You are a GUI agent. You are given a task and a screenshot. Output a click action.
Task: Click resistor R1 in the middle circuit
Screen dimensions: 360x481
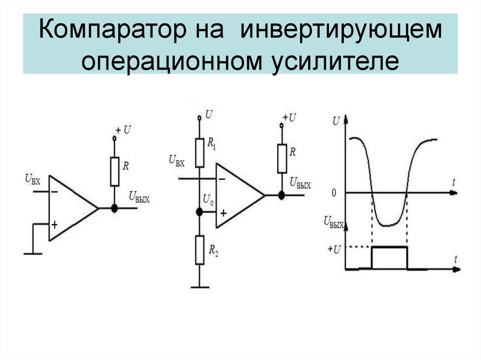(200, 153)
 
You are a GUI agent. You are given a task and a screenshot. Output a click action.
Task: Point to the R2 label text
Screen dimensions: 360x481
(213, 252)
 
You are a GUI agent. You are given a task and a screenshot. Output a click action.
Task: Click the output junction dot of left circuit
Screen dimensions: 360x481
(114, 208)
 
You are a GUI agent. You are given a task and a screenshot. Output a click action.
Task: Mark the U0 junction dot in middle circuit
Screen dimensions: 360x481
(199, 212)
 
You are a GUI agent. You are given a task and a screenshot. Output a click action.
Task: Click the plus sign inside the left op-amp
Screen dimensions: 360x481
(54, 225)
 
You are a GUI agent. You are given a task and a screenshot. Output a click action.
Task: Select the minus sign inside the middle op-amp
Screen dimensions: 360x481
(221, 178)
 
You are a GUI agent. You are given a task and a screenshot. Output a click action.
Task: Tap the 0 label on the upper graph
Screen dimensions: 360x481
(334, 193)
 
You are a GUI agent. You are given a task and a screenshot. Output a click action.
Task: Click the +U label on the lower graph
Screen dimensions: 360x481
(333, 247)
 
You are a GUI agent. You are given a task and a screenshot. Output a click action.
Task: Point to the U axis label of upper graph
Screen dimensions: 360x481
(335, 121)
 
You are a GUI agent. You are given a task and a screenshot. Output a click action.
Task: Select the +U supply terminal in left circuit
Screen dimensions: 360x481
(114, 138)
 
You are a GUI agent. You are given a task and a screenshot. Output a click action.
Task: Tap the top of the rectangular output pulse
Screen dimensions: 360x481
(389, 246)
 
